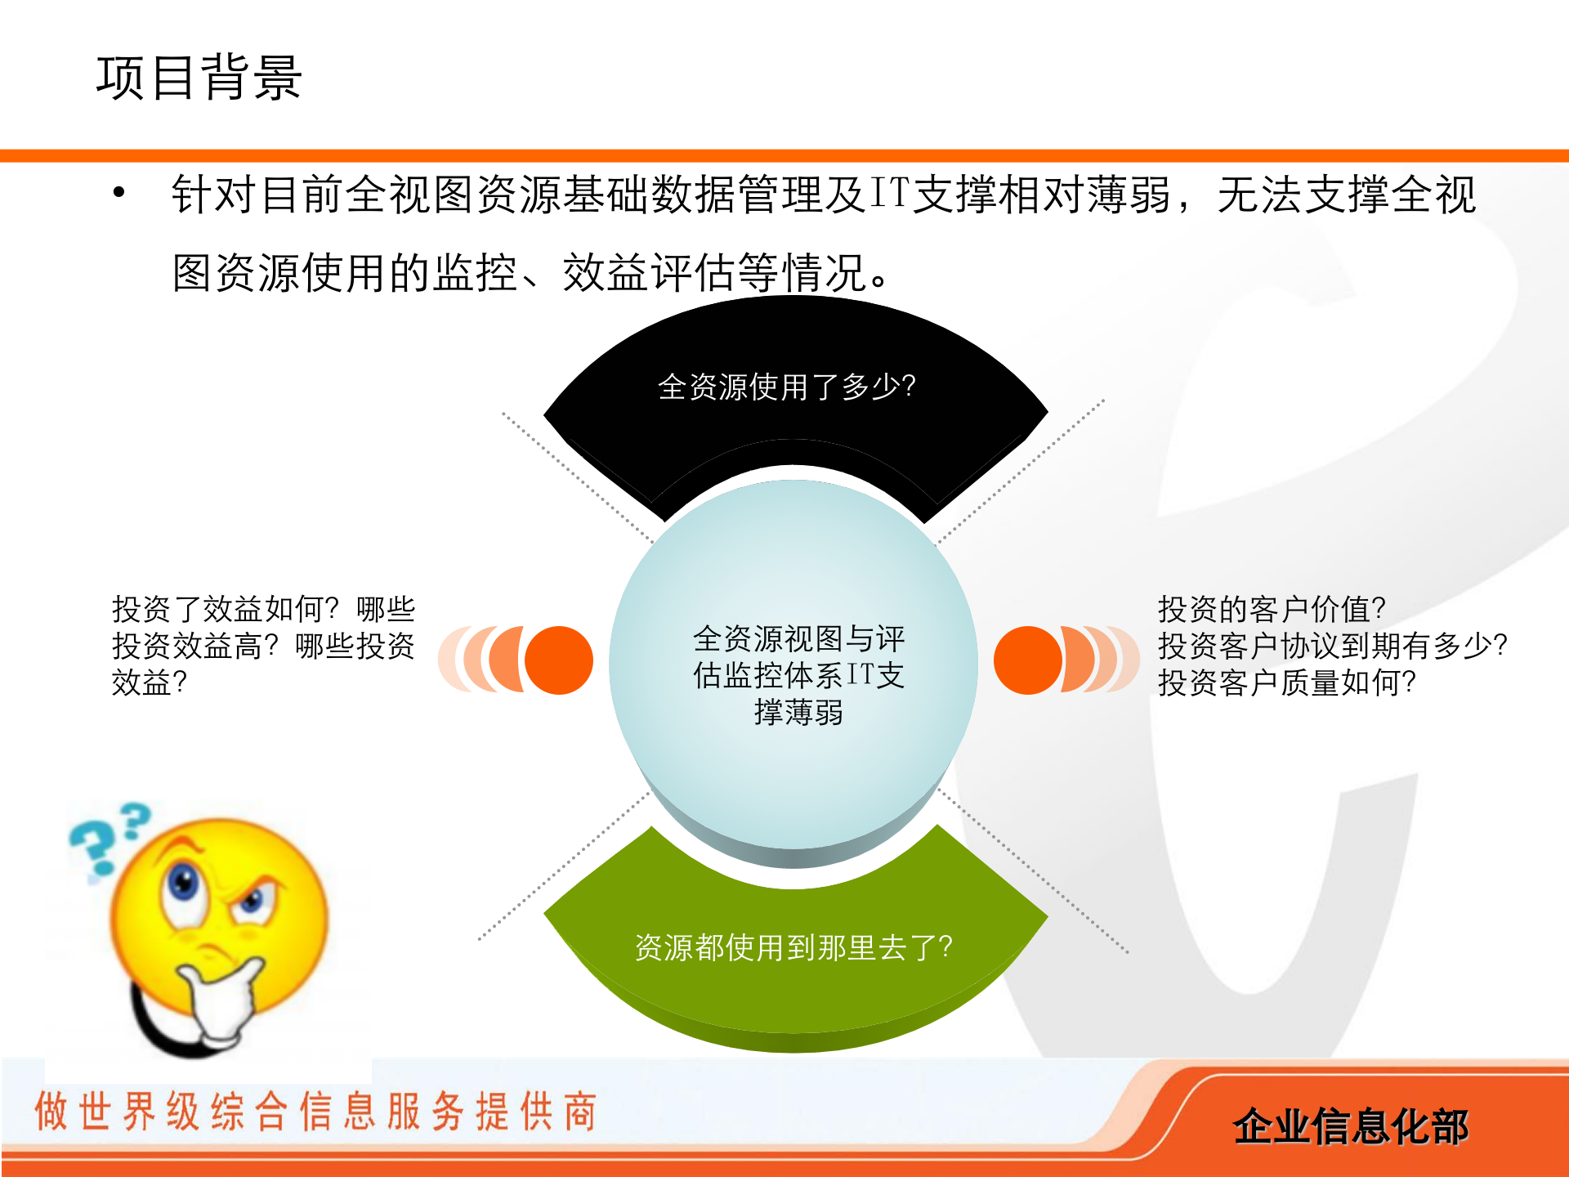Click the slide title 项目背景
click(199, 78)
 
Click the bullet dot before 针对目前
click(119, 193)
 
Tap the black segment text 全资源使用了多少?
click(786, 387)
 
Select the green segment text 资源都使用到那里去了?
click(793, 947)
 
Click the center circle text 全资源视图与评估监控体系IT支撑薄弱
click(798, 675)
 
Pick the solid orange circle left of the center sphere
click(559, 660)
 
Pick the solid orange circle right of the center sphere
click(1027, 660)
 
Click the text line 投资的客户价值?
click(1272, 609)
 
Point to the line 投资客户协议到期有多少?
click(1332, 646)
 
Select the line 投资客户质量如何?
click(1286, 682)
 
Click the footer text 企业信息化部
click(1350, 1126)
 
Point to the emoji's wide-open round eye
click(184, 883)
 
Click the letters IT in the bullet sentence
click(888, 195)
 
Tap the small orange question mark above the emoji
click(135, 820)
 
